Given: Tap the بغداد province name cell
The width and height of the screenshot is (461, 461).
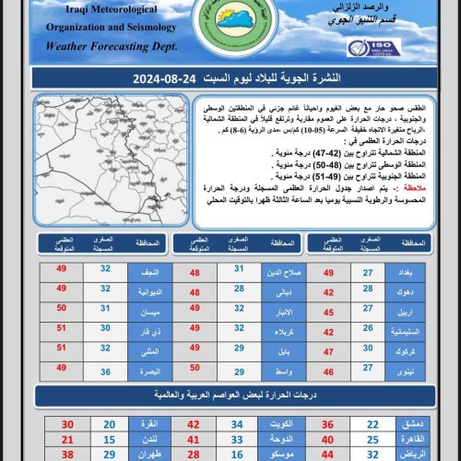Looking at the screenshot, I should [x=406, y=272].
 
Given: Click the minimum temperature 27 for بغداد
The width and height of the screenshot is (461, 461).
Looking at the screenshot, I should [x=368, y=272].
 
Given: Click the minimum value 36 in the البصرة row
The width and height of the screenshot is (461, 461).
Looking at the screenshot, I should [x=105, y=371].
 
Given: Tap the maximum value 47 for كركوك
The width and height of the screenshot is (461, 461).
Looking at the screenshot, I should [x=328, y=350].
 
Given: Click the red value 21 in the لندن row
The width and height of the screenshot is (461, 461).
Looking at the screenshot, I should [x=67, y=441].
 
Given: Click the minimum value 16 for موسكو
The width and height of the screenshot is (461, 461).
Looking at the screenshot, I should [x=238, y=455].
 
